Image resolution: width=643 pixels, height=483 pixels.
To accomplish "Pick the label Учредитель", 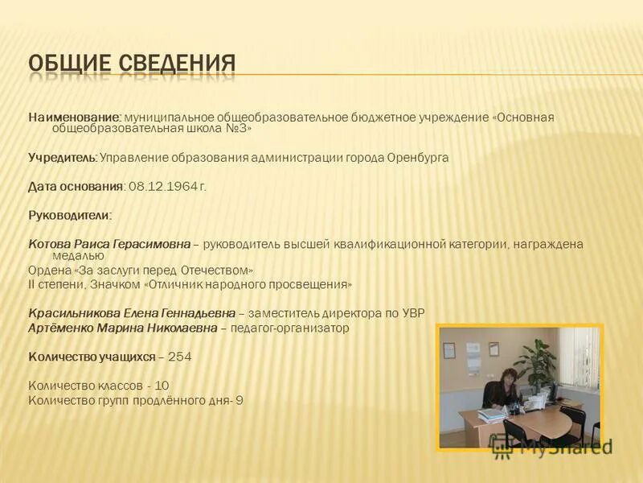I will click(63, 158).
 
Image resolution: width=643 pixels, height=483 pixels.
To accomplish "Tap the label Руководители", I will click(70, 216).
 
